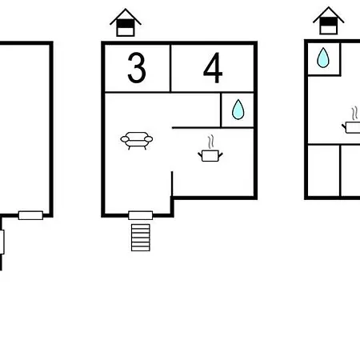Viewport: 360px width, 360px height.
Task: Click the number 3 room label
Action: click(x=137, y=67)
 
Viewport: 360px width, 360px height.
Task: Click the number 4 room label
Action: click(x=213, y=68)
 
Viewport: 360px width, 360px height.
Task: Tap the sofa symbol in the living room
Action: click(x=137, y=141)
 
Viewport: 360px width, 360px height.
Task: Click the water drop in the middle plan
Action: click(x=238, y=110)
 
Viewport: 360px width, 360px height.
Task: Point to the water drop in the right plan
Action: click(x=323, y=58)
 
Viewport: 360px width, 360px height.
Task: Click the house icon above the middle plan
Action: click(x=126, y=22)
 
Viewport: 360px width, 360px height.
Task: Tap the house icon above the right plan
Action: click(x=329, y=21)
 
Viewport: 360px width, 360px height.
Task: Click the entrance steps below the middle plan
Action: click(x=141, y=238)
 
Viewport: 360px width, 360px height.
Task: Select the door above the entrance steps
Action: click(x=141, y=215)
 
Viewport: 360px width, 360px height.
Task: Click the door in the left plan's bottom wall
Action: click(x=30, y=215)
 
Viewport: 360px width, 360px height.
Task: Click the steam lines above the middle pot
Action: click(x=211, y=142)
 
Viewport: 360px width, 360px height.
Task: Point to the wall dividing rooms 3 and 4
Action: click(x=170, y=68)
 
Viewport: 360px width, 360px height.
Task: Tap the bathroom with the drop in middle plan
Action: click(x=238, y=110)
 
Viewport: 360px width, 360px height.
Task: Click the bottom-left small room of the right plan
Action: click(x=324, y=170)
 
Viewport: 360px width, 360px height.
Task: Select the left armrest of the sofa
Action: click(x=125, y=139)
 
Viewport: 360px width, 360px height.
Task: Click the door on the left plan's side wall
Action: click(x=2, y=242)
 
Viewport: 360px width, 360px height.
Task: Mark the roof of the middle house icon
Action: click(x=126, y=17)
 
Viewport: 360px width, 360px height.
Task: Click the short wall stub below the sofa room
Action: click(x=172, y=184)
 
